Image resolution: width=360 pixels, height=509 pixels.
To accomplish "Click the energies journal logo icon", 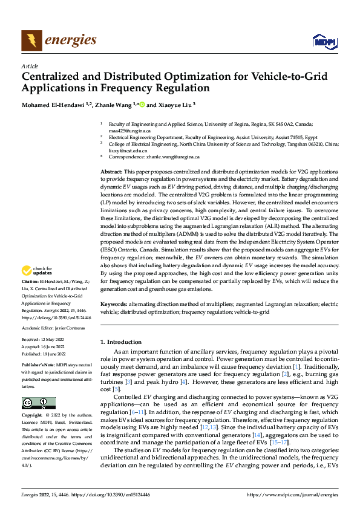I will coord(31,41).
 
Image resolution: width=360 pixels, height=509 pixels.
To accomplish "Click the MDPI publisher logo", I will coord(324,42).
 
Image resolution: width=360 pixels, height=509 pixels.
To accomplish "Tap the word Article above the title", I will coord(29,66).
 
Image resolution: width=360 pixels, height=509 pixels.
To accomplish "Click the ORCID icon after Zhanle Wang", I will coord(142,104).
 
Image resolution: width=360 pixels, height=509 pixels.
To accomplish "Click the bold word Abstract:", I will coord(113,172).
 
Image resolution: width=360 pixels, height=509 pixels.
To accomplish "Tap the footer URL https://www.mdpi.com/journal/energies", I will coord(293,494).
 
